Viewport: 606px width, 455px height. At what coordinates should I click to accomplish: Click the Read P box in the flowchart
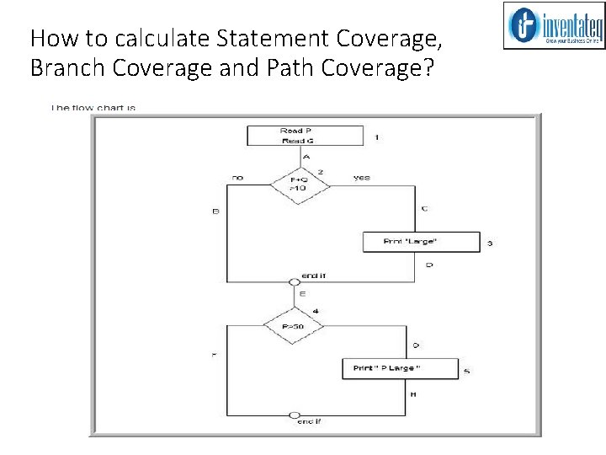305,136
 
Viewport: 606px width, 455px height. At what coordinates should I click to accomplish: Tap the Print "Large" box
420,242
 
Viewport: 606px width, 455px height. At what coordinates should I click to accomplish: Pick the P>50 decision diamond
294,326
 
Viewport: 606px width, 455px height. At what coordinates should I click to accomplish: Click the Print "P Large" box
400,369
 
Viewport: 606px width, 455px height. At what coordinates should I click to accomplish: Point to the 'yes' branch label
362,178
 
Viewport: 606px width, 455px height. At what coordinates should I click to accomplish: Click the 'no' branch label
237,178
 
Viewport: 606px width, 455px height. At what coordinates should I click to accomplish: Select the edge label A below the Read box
306,157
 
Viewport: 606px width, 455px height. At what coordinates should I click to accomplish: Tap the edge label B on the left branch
215,211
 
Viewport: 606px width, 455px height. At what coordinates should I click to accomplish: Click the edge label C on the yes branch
424,208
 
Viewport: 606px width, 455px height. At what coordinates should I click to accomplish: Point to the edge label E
302,294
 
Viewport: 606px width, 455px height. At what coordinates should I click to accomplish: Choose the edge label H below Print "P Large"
413,393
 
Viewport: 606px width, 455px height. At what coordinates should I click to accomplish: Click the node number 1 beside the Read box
376,136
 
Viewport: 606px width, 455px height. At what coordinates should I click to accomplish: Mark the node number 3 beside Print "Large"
490,244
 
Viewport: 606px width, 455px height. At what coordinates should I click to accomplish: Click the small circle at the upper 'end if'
295,281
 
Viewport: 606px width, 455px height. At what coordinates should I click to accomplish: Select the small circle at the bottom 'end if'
294,415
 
